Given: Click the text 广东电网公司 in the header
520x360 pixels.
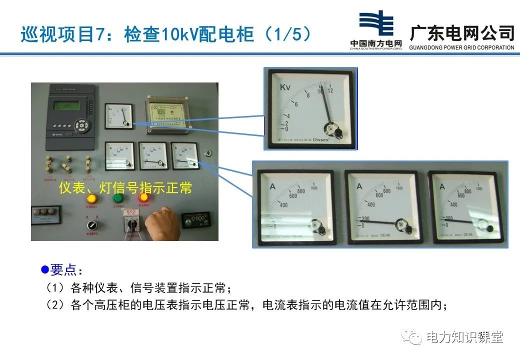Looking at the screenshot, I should [462, 33].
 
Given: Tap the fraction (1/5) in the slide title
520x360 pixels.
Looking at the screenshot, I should [287, 34].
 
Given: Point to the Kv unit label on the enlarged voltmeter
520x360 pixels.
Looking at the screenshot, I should [285, 87].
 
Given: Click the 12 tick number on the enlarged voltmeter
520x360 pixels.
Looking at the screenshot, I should [330, 90].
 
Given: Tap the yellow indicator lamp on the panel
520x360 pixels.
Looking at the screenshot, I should [92, 198].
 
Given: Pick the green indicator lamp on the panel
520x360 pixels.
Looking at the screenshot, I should [118, 197].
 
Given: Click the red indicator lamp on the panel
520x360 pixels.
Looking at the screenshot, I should [143, 197].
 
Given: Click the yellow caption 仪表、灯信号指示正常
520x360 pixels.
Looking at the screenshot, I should [125, 188].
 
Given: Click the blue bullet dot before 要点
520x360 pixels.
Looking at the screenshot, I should [44, 270].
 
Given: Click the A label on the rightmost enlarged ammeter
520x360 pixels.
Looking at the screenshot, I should [442, 187].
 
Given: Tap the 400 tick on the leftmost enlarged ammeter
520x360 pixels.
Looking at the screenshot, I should [283, 204].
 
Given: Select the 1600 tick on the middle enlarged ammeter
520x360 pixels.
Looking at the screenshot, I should [399, 188].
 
